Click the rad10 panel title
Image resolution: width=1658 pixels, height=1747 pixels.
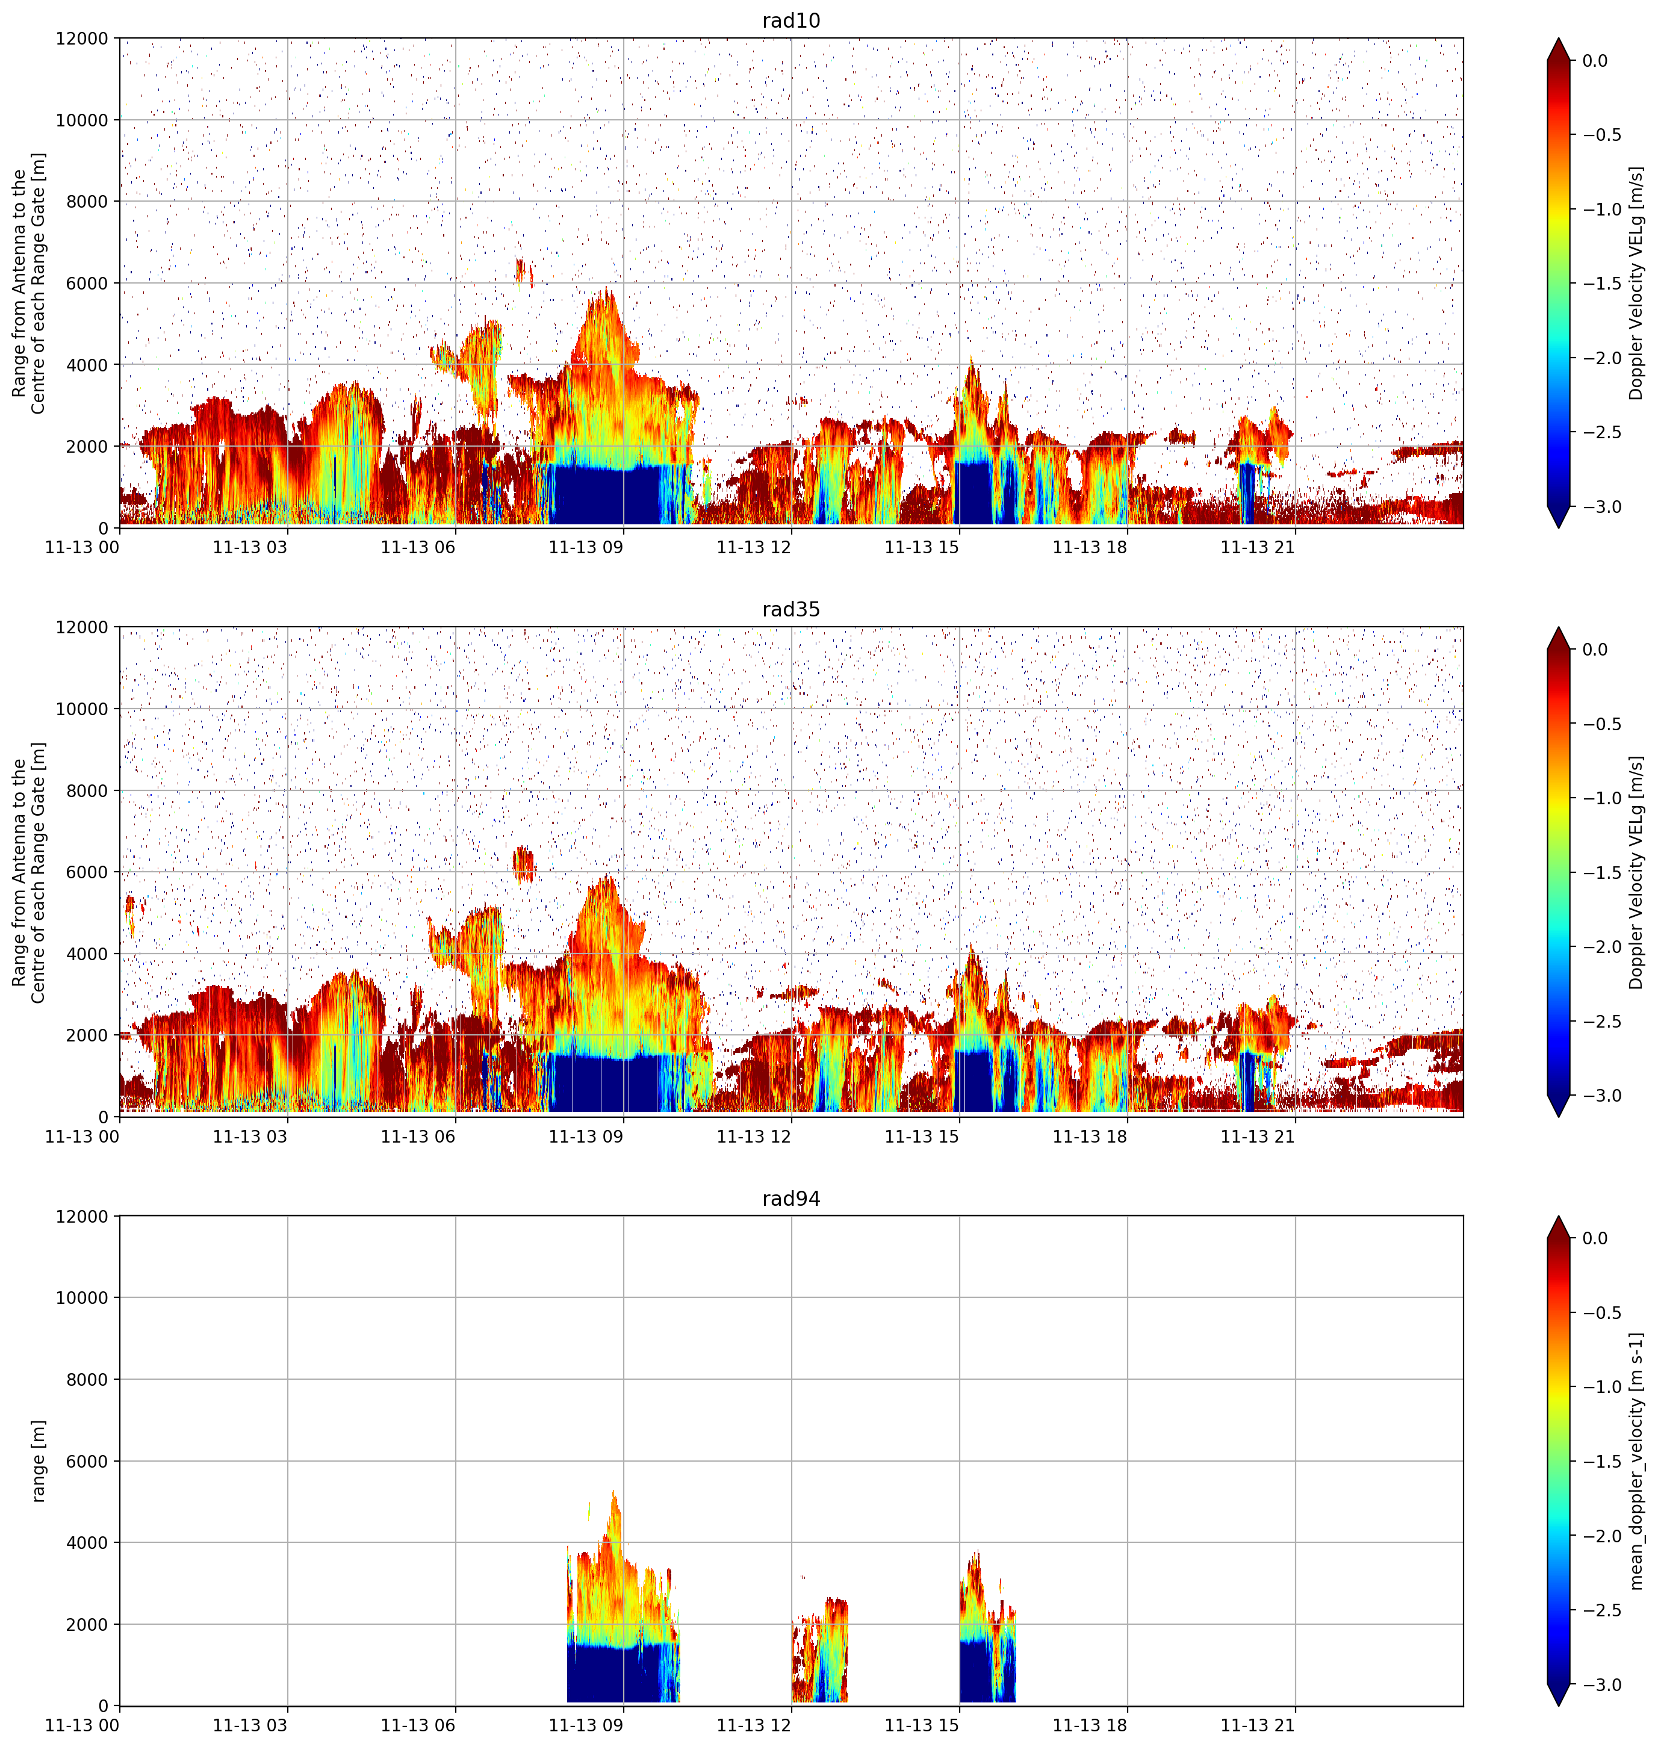coord(791,20)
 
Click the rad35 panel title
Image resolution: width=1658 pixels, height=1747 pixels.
coord(791,610)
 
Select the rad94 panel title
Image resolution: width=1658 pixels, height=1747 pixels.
coord(791,1199)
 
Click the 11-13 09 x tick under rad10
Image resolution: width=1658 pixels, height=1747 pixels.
coord(586,547)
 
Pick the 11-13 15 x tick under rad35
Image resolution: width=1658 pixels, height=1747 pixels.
coord(922,1137)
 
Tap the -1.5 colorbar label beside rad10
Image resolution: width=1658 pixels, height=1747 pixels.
coord(1601,284)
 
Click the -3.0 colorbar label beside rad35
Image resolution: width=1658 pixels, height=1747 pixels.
coord(1601,1096)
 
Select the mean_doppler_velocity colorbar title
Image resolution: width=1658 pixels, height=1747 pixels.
coord(1637,1460)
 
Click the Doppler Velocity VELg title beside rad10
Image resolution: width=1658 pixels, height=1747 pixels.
coord(1637,283)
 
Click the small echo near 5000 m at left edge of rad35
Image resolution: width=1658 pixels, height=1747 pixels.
coord(131,914)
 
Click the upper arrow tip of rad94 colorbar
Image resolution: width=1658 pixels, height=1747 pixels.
coord(1558,1217)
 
